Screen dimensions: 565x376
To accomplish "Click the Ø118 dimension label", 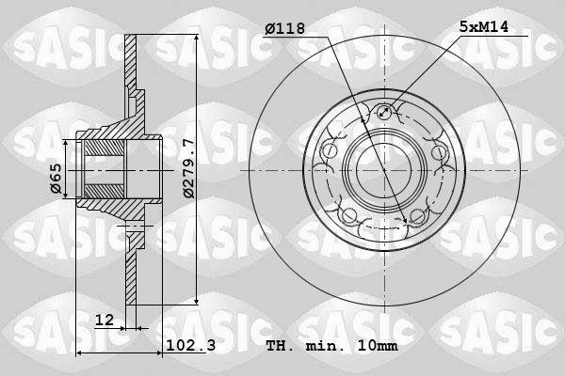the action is point(284,28).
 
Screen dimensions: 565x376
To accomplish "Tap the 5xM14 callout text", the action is point(484,26).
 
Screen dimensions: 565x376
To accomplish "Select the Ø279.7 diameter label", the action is point(189,168).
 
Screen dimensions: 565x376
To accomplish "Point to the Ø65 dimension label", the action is point(56,179).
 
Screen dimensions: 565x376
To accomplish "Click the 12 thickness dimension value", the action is point(105,320).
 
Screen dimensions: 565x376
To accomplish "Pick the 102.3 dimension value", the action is point(190,345).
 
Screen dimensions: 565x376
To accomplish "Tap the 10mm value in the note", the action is point(378,346).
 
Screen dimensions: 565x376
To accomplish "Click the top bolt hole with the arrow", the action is point(384,112).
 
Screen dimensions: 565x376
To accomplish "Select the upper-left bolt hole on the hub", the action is point(330,151).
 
